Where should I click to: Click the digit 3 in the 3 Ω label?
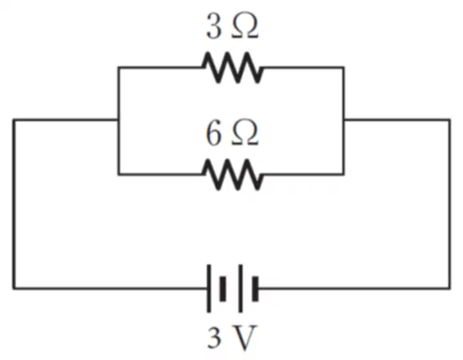click(213, 26)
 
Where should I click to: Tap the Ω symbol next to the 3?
click(245, 26)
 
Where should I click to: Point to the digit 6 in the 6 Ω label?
click(213, 133)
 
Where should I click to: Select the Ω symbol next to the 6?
click(245, 133)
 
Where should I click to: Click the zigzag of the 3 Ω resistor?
click(232, 68)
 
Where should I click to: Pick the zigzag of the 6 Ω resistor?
click(232, 174)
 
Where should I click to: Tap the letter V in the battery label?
click(245, 338)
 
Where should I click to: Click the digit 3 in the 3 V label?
click(215, 338)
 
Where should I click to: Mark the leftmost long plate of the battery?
click(209, 288)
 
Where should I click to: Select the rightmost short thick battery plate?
click(256, 289)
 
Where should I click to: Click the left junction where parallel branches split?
click(118, 120)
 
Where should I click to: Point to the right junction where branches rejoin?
click(344, 120)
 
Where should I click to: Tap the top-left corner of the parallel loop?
click(118, 68)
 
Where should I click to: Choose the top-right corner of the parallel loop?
click(344, 68)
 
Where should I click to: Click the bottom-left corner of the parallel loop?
click(118, 174)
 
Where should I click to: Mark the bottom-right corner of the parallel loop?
click(344, 174)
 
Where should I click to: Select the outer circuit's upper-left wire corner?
click(13, 120)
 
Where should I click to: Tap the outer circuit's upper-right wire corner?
click(450, 120)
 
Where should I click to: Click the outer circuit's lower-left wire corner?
click(13, 288)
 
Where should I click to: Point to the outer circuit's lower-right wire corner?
click(450, 288)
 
